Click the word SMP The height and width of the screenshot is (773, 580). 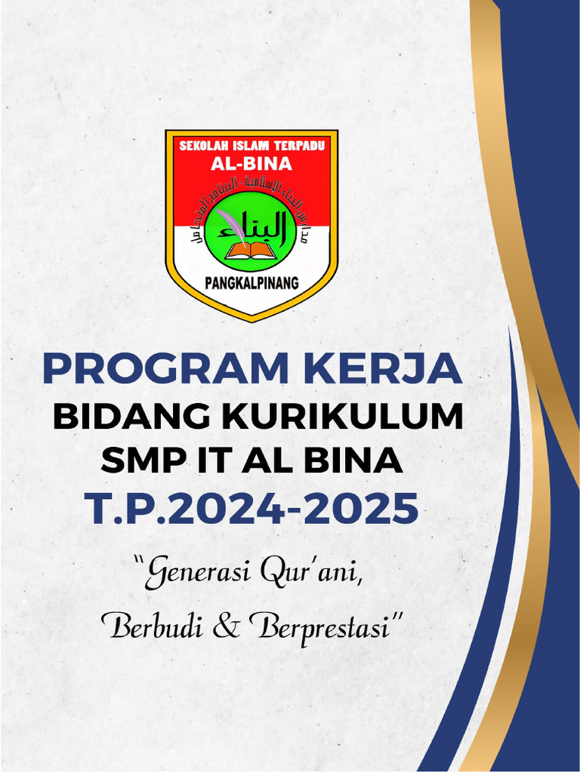131,461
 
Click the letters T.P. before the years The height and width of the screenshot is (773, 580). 119,509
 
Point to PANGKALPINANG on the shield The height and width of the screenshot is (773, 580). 251,283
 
